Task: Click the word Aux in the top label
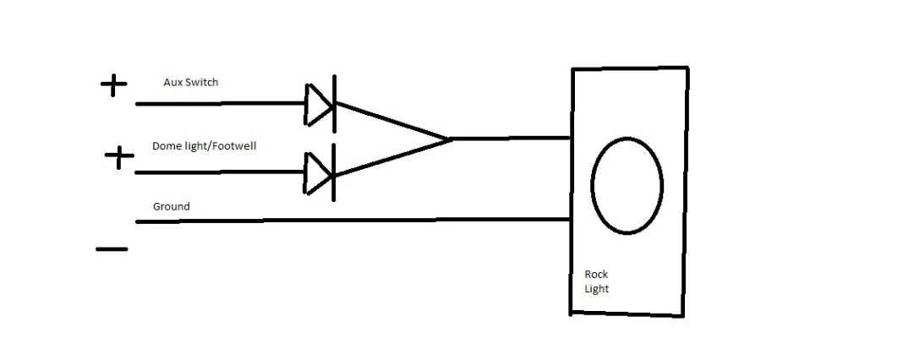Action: (x=172, y=82)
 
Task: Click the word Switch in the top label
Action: (x=200, y=82)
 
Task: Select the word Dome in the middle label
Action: (x=163, y=146)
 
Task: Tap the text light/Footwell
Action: (x=217, y=146)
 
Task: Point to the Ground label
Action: (x=171, y=206)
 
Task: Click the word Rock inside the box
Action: (x=596, y=274)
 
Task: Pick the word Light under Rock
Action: (x=597, y=289)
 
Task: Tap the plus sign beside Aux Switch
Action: (x=113, y=86)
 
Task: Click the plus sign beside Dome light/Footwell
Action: (x=119, y=156)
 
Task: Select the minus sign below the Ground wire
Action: (x=112, y=249)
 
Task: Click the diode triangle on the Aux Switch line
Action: (x=318, y=104)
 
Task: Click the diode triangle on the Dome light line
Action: (x=318, y=172)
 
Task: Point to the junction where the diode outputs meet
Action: (x=449, y=139)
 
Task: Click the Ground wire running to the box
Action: (x=353, y=221)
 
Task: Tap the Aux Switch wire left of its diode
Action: (x=221, y=104)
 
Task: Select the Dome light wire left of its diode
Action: (x=221, y=172)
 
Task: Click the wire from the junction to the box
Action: (x=509, y=139)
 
